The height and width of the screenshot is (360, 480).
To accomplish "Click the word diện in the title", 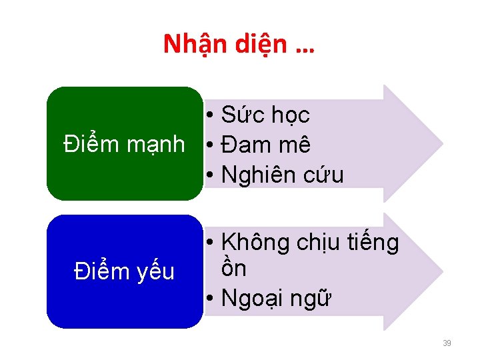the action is pos(257,45).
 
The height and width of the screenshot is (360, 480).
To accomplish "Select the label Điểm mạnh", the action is pos(124,144).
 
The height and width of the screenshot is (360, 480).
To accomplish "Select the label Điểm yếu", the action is pos(124,271).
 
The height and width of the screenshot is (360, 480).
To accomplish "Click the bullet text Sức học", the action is pos(265,115).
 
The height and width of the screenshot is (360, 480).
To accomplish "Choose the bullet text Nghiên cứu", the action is pos(282,175).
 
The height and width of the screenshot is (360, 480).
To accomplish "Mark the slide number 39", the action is pos(447,343).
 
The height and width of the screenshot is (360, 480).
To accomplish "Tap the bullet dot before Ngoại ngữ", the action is pos(209,300).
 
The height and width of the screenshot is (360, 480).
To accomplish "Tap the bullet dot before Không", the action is pos(209,243).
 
